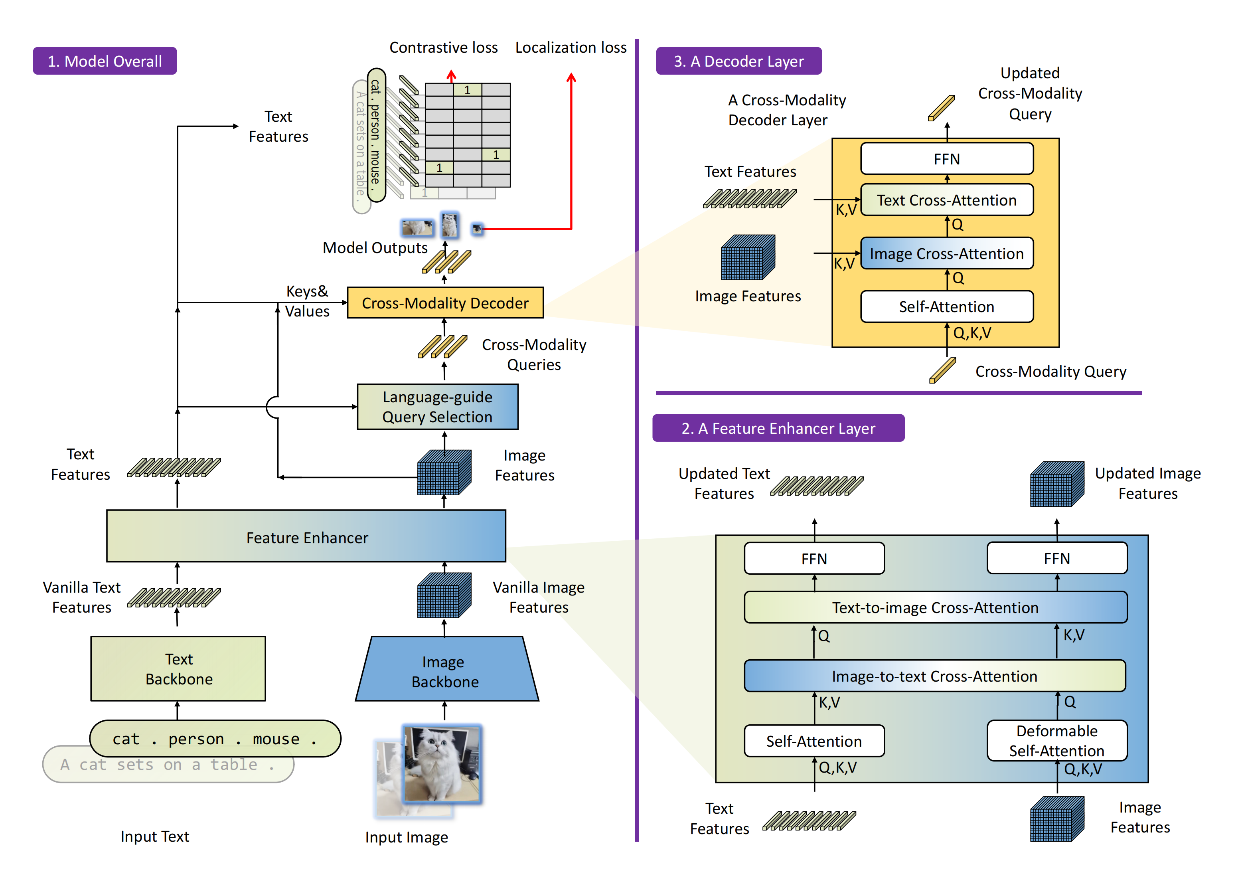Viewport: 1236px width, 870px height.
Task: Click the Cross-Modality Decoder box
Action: pyautogui.click(x=445, y=303)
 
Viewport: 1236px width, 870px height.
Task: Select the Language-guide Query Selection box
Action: pyautogui.click(x=437, y=407)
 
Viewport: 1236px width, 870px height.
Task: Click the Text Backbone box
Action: pyautogui.click(x=178, y=668)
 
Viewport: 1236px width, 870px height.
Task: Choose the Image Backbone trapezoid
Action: pyautogui.click(x=445, y=671)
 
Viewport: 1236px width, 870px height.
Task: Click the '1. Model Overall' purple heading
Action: pyautogui.click(x=105, y=61)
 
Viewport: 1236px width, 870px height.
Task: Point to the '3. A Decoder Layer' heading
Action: pyautogui.click(x=738, y=61)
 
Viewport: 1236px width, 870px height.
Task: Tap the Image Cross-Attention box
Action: pyautogui.click(x=946, y=253)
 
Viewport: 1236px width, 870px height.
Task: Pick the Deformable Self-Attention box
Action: pyautogui.click(x=1056, y=740)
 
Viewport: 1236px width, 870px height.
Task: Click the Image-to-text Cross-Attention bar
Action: pyautogui.click(x=934, y=676)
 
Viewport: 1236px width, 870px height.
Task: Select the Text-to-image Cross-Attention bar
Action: pyautogui.click(x=935, y=607)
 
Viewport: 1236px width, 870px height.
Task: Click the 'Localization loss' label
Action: pyautogui.click(x=571, y=47)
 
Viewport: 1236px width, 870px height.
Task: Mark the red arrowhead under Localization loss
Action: pyautogui.click(x=571, y=77)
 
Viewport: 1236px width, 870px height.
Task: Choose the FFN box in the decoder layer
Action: pyautogui.click(x=946, y=159)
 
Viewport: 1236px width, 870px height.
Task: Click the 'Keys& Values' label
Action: pyautogui.click(x=307, y=301)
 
